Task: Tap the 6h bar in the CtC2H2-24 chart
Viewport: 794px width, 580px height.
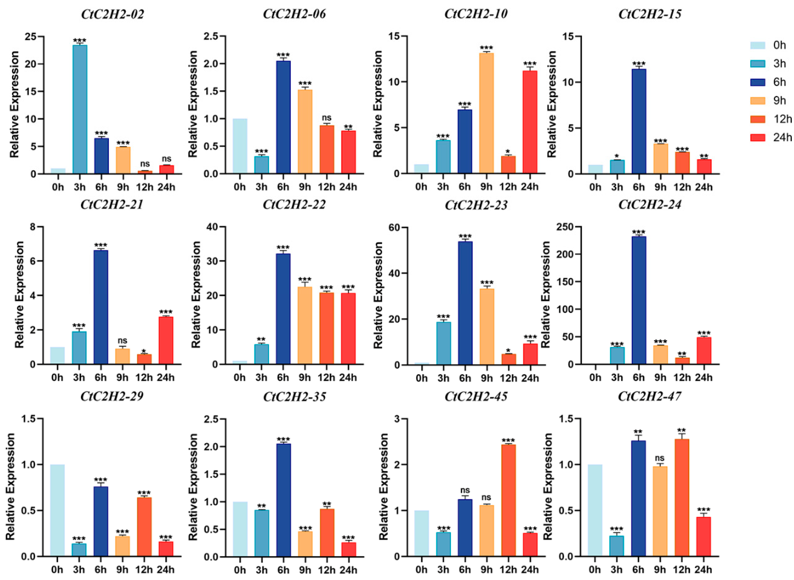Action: (639, 300)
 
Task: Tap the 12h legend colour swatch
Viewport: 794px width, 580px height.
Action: (757, 119)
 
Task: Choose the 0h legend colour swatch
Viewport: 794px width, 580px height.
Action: (757, 45)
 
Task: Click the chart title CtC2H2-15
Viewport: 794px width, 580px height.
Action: (650, 14)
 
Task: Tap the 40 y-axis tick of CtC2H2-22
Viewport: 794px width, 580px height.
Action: (212, 227)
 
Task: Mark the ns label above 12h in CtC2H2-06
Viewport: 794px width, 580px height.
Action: (327, 118)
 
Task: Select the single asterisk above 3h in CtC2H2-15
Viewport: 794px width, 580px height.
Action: (617, 156)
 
